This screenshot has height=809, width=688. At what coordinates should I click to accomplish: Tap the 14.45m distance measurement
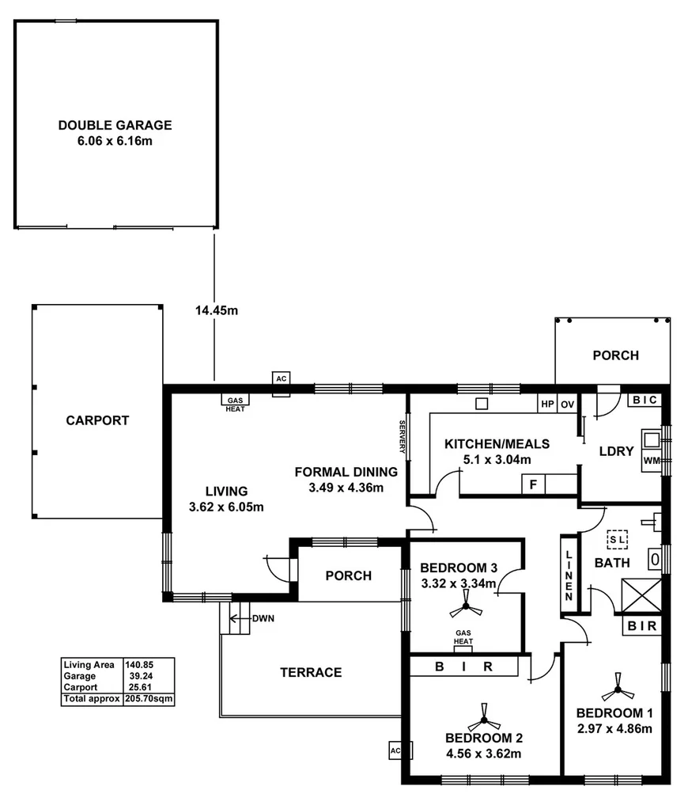(216, 311)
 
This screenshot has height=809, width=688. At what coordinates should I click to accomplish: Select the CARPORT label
(97, 420)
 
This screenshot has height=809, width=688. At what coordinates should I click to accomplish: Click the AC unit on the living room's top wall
(281, 378)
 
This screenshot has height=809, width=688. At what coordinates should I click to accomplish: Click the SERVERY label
(402, 436)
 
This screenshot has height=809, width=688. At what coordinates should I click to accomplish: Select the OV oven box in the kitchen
(567, 403)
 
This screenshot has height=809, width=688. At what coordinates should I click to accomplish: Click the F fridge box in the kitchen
(533, 484)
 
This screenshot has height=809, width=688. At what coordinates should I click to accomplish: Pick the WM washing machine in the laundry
(652, 460)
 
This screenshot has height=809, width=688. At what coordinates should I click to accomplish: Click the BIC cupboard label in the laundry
(644, 401)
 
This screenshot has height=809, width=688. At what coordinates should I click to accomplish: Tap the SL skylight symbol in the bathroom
(617, 538)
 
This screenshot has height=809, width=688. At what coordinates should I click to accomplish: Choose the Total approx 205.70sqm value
(149, 699)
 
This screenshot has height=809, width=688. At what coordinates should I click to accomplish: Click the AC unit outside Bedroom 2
(395, 750)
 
